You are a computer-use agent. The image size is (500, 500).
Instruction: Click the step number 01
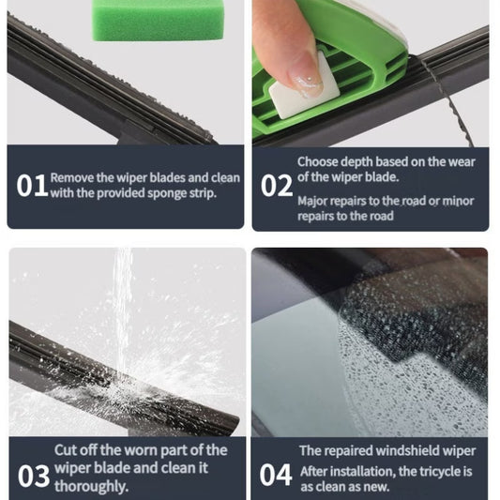(32, 186)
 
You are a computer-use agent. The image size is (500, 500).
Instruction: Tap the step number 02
(276, 186)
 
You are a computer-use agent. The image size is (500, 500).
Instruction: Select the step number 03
(34, 476)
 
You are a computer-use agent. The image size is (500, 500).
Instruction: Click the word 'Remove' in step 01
(72, 177)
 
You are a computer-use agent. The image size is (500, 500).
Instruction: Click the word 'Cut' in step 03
(66, 450)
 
